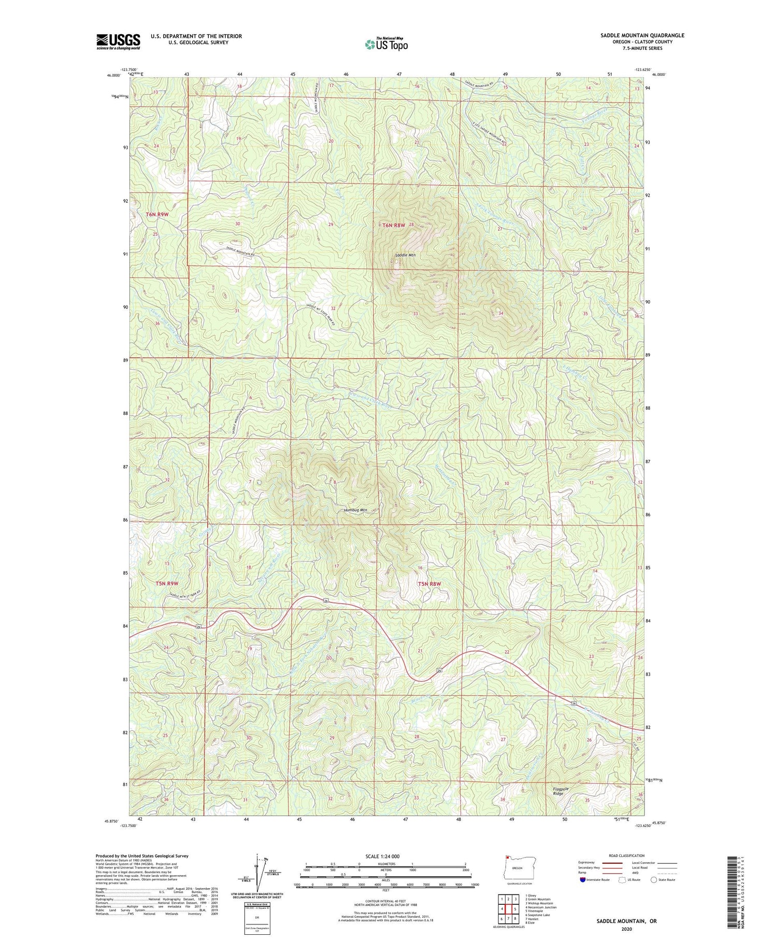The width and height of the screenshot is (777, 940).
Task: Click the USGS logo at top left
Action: [118, 41]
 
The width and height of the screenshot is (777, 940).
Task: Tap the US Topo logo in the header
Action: [386, 44]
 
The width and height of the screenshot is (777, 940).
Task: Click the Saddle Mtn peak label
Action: [405, 255]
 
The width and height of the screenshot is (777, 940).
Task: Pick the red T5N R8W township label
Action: [429, 584]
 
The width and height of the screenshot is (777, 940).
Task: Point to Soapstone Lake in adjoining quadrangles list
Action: [539, 915]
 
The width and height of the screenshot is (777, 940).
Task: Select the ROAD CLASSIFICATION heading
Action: [627, 855]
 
